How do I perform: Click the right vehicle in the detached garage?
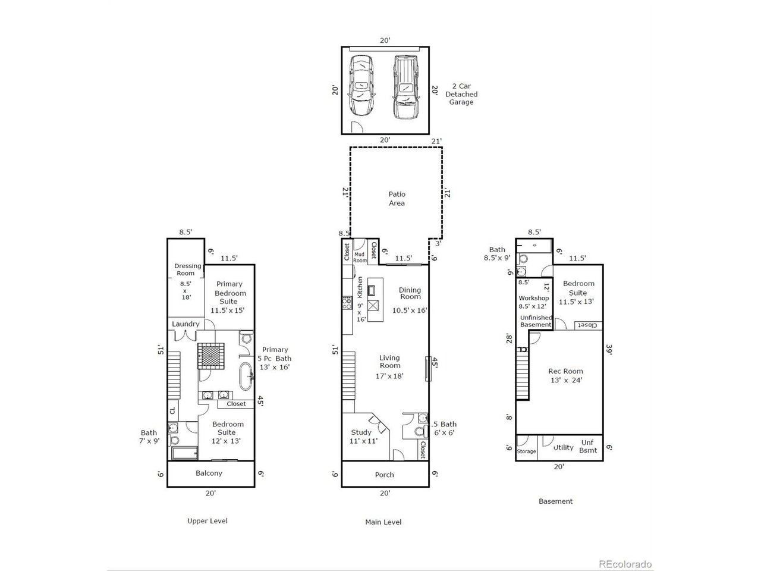[405, 87]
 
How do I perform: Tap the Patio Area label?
[397, 199]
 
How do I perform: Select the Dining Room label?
[410, 293]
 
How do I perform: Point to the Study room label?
[361, 432]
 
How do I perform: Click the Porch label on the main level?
[384, 475]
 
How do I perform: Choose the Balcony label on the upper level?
[209, 473]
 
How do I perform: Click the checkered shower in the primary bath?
[211, 356]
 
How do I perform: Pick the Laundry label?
[185, 324]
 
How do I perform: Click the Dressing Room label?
[187, 269]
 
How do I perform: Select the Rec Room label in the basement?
[565, 371]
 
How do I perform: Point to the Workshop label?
[533, 298]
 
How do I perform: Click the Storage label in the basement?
[526, 451]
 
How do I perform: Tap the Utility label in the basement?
[563, 447]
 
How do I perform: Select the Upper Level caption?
[207, 520]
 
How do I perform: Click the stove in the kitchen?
[347, 303]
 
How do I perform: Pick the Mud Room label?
[360, 257]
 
